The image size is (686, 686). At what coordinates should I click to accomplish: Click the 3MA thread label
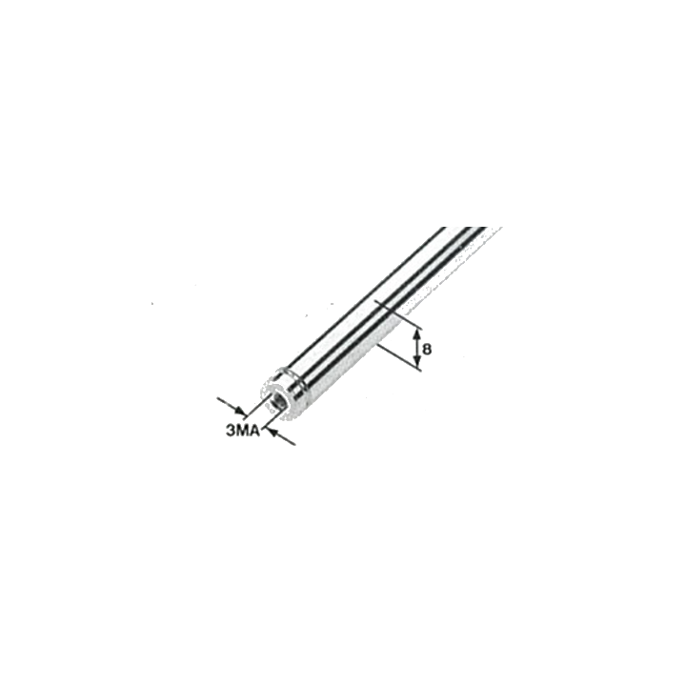tap(243, 431)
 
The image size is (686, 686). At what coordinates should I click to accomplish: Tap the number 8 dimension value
tap(428, 350)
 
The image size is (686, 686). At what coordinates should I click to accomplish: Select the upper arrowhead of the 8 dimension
tap(417, 334)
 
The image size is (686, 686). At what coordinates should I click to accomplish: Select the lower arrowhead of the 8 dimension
tap(417, 360)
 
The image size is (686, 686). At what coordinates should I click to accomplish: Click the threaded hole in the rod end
tap(277, 401)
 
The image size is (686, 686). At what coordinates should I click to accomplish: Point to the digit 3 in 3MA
tap(231, 431)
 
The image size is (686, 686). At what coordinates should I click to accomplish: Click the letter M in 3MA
tap(242, 431)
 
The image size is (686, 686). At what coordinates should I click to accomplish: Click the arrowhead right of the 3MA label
tap(272, 433)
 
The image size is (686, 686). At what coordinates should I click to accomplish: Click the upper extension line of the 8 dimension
tap(399, 314)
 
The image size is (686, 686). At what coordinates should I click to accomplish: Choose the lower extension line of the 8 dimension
tap(399, 357)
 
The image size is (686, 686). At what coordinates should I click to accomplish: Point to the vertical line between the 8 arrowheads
tap(417, 348)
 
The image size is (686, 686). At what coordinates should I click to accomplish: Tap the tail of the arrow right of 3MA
tap(294, 445)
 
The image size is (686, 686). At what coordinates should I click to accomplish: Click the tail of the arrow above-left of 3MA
tap(219, 399)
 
